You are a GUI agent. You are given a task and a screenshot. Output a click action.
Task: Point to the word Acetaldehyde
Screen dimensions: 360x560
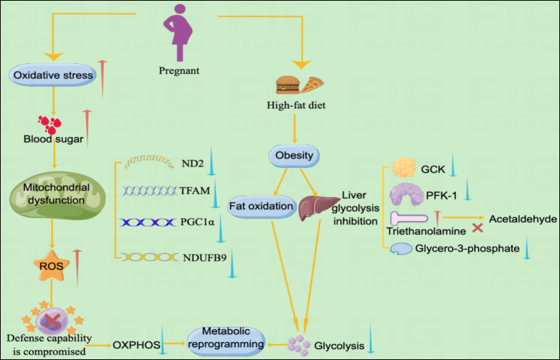pos(521,219)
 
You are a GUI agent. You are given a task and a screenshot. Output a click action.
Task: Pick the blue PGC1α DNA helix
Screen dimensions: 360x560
pos(148,223)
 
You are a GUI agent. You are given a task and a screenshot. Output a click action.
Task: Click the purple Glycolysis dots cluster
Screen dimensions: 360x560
pos(297,344)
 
